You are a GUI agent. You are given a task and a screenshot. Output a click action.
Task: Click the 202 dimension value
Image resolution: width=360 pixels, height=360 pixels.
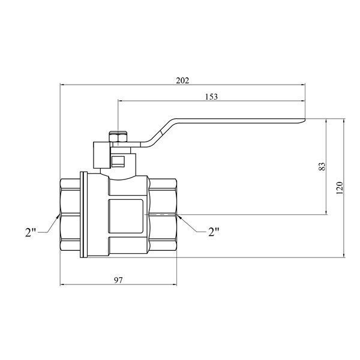point(182,80)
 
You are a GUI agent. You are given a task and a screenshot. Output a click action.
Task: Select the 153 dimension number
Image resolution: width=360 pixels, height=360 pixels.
point(211,97)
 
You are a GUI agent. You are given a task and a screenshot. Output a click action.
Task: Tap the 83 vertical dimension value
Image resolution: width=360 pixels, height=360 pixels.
point(322,166)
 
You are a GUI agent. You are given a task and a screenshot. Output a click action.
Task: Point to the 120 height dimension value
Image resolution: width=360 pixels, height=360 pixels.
point(340,188)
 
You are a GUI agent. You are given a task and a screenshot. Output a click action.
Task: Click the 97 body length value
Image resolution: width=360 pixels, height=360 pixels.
point(118,280)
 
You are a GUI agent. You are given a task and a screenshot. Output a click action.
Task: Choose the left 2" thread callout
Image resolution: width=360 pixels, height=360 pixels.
point(31,232)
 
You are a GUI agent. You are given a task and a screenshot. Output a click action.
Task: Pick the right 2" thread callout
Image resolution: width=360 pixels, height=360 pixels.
point(214,232)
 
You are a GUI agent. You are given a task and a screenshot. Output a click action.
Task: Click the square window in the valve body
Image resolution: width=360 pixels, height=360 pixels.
point(125,216)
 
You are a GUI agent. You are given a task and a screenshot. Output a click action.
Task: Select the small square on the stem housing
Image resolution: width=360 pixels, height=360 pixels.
point(118,161)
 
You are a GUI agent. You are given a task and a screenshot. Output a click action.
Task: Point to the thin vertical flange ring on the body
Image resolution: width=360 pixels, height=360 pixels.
point(84,215)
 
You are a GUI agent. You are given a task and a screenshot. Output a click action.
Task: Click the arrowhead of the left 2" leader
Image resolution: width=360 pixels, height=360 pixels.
point(58,216)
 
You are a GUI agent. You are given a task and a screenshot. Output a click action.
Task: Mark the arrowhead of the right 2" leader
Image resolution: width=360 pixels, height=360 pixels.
point(179,217)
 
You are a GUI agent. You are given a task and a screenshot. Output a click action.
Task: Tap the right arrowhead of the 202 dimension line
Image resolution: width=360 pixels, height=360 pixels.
point(303,85)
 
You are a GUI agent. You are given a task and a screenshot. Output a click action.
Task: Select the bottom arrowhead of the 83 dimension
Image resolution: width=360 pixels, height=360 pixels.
point(326,212)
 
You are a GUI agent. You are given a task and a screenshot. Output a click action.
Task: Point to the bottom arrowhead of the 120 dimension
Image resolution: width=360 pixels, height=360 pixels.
point(344,255)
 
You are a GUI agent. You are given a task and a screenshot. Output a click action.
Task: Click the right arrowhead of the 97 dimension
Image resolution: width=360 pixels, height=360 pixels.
point(175,285)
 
